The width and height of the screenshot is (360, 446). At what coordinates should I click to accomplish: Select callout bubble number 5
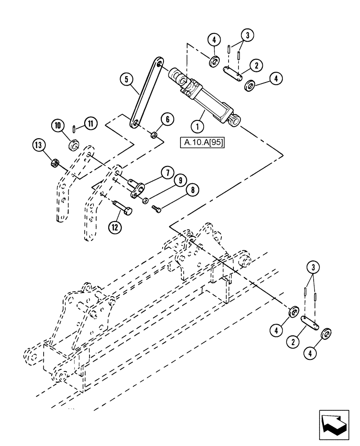point(127,80)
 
